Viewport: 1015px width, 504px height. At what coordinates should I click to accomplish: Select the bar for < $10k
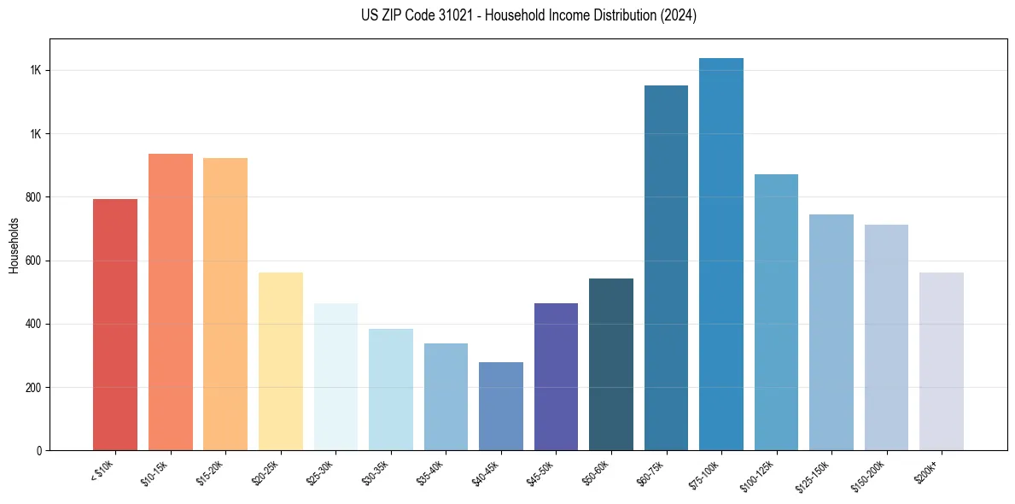[x=115, y=325]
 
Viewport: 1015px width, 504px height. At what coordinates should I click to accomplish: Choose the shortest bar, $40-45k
[x=501, y=407]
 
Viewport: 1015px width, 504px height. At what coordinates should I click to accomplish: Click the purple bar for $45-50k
[x=556, y=377]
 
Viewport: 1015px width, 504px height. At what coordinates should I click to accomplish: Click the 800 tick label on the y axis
[x=34, y=197]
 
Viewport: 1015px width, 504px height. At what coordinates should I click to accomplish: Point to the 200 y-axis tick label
[x=34, y=388]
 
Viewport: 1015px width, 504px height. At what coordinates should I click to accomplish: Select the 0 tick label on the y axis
[x=39, y=451]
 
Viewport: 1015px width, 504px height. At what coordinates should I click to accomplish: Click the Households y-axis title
[x=14, y=245]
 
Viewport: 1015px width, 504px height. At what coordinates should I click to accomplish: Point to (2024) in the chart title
[x=680, y=15]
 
